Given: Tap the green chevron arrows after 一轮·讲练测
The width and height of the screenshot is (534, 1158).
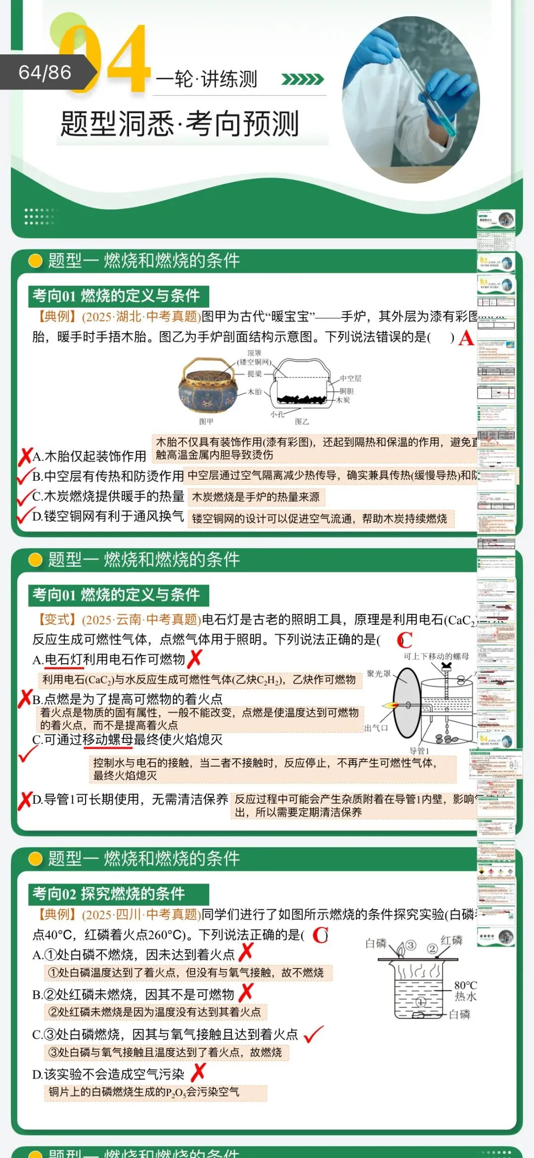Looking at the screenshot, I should click(302, 79).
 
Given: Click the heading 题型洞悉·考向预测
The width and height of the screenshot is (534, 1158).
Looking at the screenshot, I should click(179, 124).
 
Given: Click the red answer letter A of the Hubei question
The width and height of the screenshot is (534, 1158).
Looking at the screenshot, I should click(466, 338).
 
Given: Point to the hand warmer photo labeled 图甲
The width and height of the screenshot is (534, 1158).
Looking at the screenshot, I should click(207, 386).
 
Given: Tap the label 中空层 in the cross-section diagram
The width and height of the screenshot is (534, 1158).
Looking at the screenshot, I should click(351, 378).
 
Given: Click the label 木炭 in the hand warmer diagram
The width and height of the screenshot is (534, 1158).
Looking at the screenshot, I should click(343, 400).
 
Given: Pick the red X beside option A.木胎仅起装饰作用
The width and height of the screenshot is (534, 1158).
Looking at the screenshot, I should click(25, 457).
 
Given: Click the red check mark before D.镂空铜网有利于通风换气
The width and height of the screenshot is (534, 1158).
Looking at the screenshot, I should click(24, 516).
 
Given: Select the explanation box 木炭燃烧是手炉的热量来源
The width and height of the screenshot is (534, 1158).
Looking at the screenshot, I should click(256, 497).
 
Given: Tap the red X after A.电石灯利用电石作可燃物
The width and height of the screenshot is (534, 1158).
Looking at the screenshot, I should click(195, 658).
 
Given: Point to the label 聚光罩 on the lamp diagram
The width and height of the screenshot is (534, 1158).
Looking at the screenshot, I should click(379, 674).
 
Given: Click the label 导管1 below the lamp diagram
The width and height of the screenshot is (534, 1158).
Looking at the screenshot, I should click(419, 751).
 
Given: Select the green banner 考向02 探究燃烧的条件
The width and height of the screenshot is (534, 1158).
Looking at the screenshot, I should click(118, 894).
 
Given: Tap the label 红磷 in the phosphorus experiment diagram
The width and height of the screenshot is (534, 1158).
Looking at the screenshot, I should click(451, 940).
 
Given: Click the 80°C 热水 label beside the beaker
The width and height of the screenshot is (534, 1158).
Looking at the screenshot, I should click(465, 991).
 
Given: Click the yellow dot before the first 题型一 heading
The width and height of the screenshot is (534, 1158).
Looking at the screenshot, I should click(36, 261).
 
